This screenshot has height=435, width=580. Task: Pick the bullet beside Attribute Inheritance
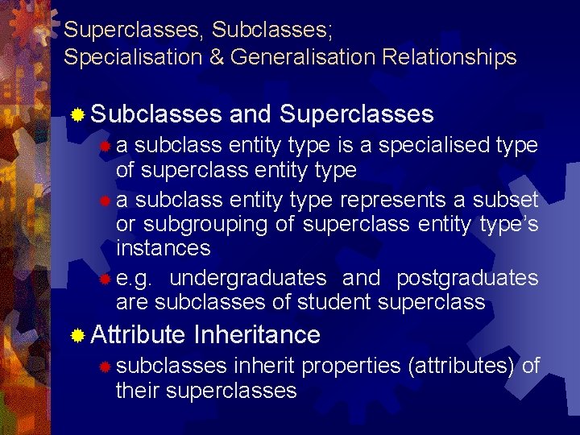point(77,335)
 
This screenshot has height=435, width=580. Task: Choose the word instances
point(164,247)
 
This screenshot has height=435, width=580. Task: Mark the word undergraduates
point(248,278)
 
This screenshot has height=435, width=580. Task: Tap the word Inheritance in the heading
point(257,334)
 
